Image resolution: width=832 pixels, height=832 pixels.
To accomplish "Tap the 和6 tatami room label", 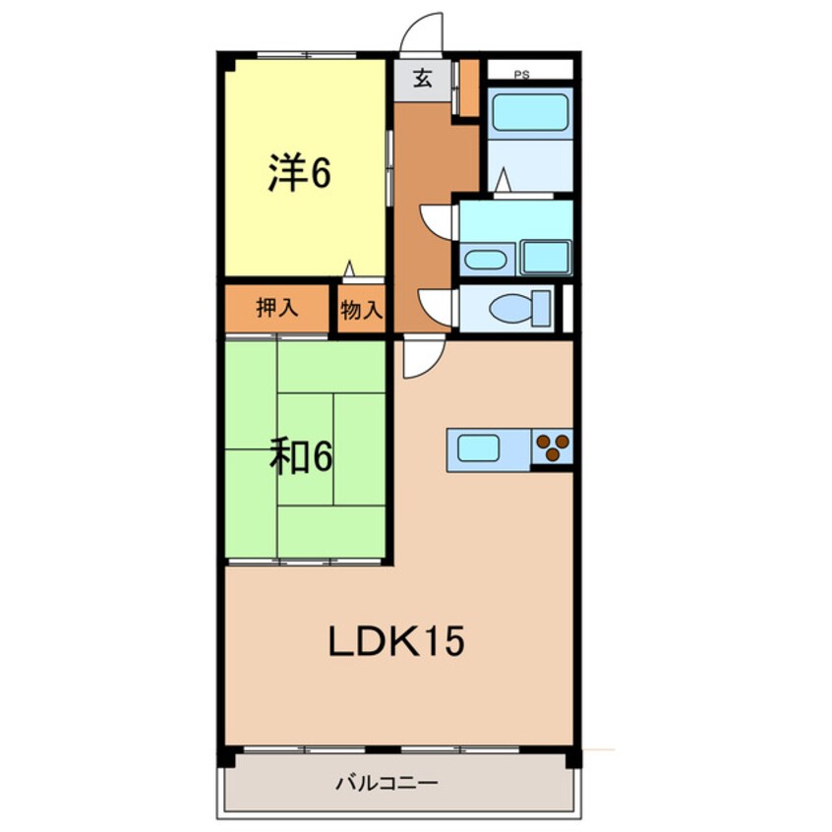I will (301, 456).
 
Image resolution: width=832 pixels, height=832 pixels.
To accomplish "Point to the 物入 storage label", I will (361, 311).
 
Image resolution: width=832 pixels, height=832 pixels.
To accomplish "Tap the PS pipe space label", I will (521, 74).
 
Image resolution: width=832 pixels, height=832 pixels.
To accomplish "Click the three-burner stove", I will (553, 448).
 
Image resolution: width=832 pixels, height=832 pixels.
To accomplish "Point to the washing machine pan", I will (545, 258).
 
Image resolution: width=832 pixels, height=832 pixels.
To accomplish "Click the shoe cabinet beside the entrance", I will (469, 89).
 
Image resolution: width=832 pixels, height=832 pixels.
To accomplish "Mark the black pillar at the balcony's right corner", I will (573, 758).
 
